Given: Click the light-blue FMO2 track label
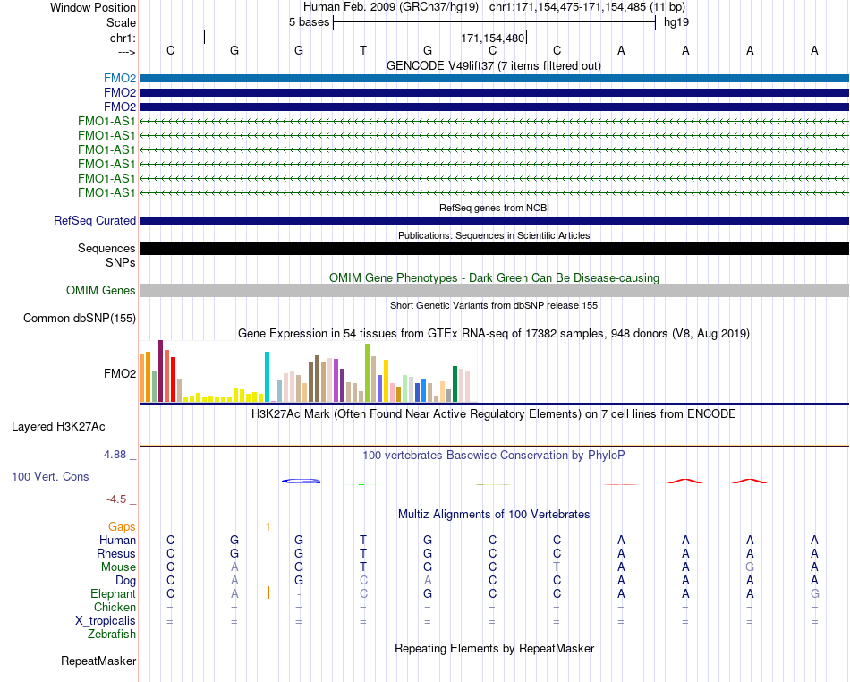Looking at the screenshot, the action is tap(120, 79).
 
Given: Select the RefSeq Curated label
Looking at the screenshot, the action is tap(95, 221).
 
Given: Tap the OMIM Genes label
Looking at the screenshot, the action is tap(101, 291).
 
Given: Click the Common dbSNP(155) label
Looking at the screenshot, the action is tap(80, 319).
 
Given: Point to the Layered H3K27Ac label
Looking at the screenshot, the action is tap(58, 427).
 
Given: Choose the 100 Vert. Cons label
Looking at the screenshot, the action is tap(50, 476).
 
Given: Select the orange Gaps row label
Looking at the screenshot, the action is tap(122, 527).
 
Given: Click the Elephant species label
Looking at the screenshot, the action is tap(114, 594).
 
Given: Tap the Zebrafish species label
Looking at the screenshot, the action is tap(112, 635).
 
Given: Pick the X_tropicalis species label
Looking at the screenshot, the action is tap(106, 621).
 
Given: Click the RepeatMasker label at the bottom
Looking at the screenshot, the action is tap(98, 661).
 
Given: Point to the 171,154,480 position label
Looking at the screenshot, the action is tap(493, 38).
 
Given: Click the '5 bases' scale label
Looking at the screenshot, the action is tap(309, 22).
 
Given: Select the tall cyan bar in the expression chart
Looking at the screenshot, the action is tap(267, 377).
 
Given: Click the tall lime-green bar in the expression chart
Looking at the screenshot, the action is tap(368, 373).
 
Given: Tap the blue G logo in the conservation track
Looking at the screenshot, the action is tap(302, 481).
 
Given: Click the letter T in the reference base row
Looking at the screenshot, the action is tap(363, 50).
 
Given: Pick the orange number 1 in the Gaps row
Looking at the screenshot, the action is tap(268, 527).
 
